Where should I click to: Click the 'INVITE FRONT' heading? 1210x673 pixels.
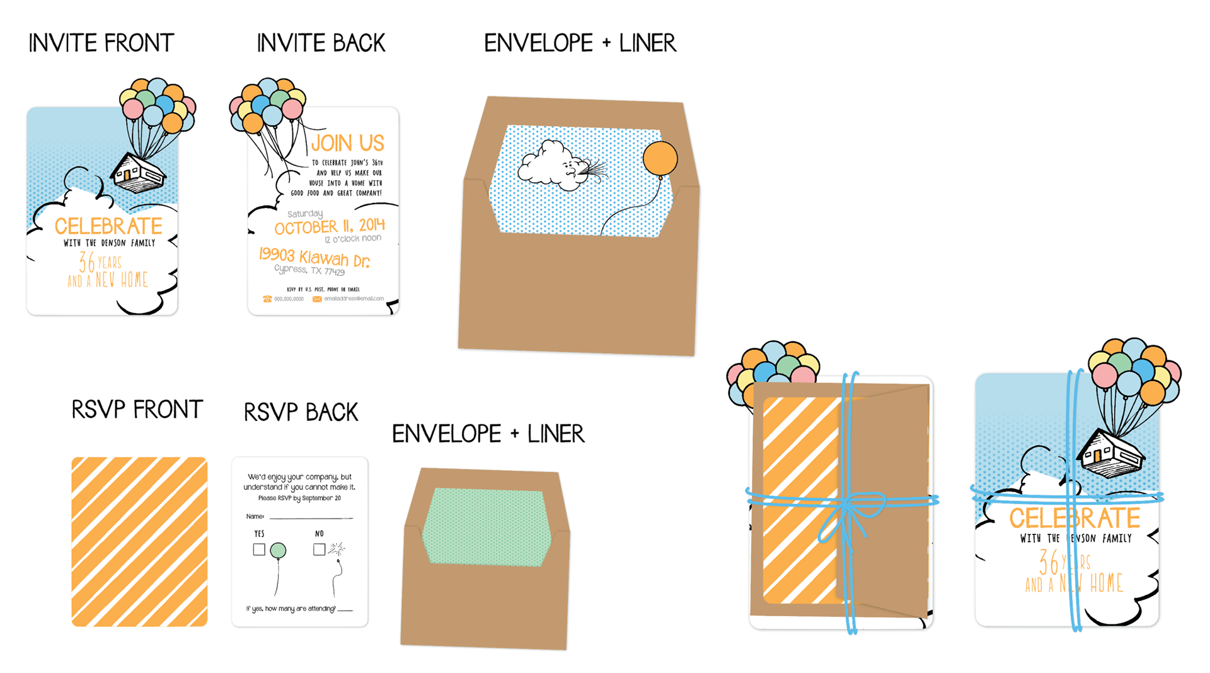[x=101, y=43]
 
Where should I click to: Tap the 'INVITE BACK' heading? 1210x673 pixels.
[x=321, y=43]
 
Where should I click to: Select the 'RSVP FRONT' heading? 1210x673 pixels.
[x=137, y=410]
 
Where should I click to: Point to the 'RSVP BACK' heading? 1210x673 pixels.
[x=301, y=412]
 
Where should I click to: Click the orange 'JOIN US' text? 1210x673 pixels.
[x=347, y=143]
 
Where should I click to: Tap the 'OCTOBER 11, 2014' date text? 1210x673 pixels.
[x=329, y=226]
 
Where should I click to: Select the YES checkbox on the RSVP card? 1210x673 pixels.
[x=259, y=549]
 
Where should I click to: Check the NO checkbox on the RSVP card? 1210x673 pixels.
[x=319, y=549]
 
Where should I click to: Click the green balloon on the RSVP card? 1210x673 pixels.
[x=278, y=550]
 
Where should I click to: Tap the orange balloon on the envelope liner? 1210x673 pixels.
[x=660, y=158]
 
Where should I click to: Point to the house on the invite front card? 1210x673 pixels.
[x=138, y=172]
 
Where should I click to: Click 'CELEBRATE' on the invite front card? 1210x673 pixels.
[x=108, y=226]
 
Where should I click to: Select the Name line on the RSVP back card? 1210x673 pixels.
[x=310, y=517]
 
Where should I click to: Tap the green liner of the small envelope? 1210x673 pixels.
[x=486, y=527]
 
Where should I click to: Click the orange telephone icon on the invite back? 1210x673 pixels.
[x=267, y=299]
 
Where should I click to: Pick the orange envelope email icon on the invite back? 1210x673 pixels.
[x=317, y=299]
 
